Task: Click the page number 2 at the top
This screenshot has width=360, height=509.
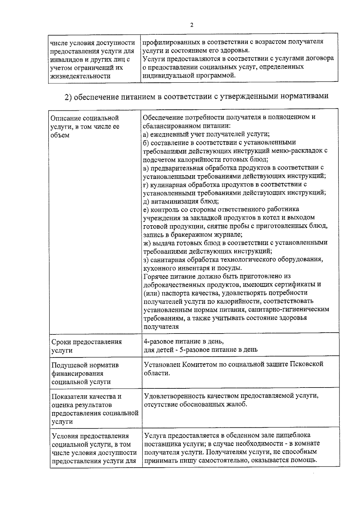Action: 192,25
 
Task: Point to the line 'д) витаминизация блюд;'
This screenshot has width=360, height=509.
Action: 181,201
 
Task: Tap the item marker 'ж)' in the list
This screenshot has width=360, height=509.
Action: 147,243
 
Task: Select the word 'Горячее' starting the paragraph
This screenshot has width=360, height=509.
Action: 155,276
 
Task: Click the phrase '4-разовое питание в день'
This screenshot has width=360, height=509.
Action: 183,342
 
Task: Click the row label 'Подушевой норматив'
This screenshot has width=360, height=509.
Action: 85,365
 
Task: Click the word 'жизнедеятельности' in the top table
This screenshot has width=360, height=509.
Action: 80,76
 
